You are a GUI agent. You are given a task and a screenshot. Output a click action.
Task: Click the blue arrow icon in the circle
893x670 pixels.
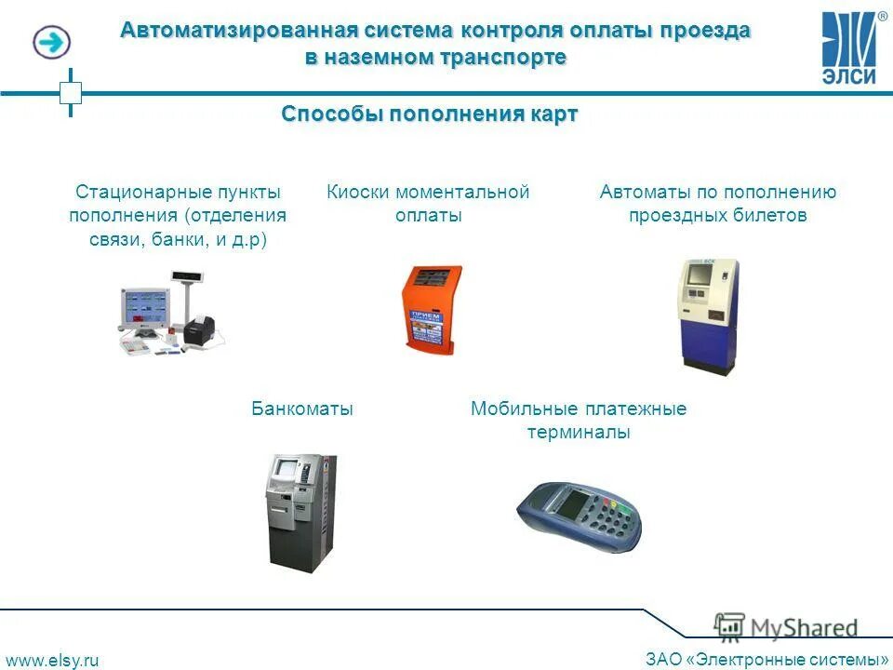click(51, 42)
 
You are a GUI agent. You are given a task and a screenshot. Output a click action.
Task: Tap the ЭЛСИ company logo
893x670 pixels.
click(851, 48)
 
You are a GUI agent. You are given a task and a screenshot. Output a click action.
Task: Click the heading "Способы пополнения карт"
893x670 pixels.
click(430, 114)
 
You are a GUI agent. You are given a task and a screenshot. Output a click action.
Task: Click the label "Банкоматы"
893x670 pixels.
click(302, 409)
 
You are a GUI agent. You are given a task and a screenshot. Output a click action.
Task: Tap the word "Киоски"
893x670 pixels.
click(358, 193)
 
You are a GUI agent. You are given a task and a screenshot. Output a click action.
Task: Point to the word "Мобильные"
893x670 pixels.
click(525, 409)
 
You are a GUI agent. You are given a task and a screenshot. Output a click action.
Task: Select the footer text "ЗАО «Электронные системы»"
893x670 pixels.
click(766, 660)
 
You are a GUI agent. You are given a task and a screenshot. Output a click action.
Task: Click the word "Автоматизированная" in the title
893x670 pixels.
click(220, 30)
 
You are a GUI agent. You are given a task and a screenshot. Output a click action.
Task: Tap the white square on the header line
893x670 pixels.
click(71, 92)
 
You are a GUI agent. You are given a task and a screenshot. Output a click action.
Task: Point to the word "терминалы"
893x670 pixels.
click(579, 433)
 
